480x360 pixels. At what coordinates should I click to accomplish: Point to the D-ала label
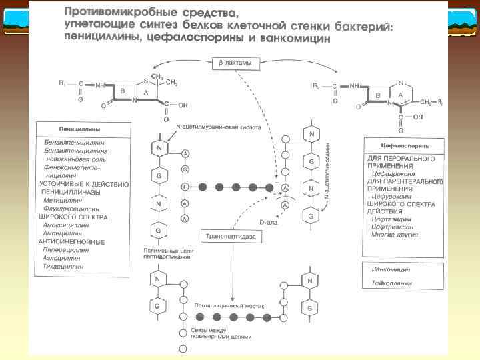269,221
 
